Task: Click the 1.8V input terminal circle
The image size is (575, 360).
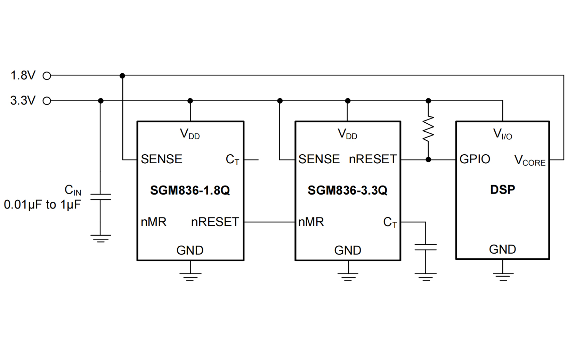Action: pos(47,76)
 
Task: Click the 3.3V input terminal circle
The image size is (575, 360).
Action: pos(47,101)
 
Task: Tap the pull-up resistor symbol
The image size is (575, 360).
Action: pos(428,129)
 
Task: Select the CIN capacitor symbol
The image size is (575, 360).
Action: pos(100,197)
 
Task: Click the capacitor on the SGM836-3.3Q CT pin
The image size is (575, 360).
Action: pos(426,247)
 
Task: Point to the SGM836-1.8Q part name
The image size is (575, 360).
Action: pos(190,190)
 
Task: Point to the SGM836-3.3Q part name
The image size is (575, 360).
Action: pos(347,190)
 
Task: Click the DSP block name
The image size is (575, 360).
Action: pos(502,190)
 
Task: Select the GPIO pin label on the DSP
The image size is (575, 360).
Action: pos(475,159)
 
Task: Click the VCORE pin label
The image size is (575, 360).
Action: pos(529,161)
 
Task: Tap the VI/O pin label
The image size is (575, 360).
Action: pos(502,134)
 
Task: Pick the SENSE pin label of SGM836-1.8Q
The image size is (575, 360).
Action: pos(161,159)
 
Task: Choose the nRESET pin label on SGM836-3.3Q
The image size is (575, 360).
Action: pos(372,159)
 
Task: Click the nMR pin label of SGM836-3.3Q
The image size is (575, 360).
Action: pos(311,222)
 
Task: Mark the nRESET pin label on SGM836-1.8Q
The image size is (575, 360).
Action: pos(215,222)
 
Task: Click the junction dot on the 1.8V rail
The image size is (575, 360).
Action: pos(122,76)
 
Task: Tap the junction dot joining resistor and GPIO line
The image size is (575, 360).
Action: pos(428,159)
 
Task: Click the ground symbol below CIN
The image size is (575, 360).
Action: pos(100,238)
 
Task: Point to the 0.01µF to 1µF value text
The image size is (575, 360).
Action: pos(42,205)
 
